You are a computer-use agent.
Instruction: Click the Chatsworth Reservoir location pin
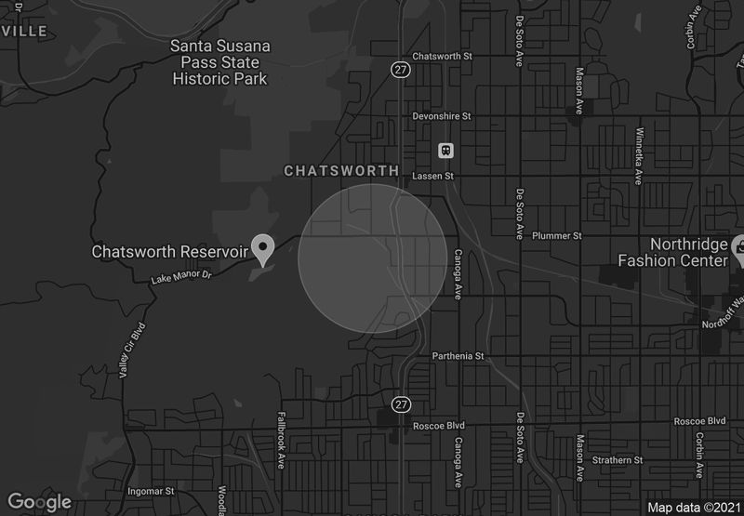[264, 248]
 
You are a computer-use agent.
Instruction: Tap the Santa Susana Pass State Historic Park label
[219, 62]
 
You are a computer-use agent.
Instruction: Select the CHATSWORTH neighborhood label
[340, 171]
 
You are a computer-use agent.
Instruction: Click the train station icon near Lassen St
[446, 150]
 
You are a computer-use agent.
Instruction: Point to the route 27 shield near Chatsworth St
[400, 69]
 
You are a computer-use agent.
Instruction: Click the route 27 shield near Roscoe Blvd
[400, 404]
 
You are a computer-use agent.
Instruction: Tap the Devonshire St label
[443, 117]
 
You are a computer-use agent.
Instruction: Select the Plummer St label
[556, 236]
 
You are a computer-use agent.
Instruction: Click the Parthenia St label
[458, 356]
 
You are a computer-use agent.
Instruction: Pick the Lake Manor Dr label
[183, 277]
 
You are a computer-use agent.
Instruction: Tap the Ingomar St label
[151, 490]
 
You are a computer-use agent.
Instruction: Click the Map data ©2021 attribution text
[694, 508]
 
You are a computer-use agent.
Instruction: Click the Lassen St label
[434, 175]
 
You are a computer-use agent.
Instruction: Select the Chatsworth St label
[443, 56]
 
